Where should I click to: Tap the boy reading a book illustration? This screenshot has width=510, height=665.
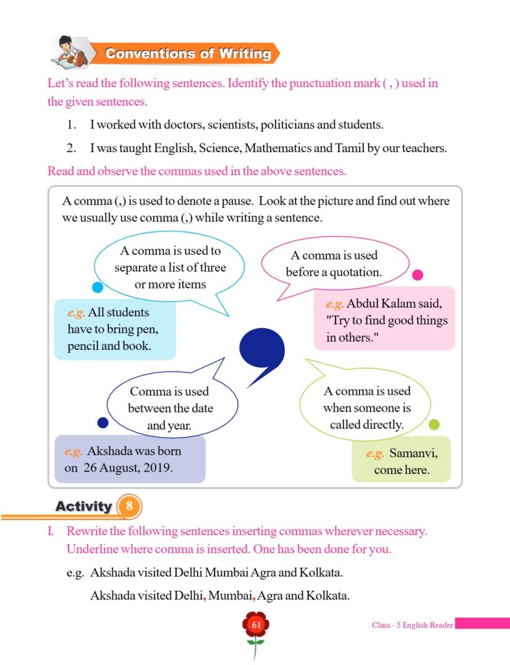coord(70,53)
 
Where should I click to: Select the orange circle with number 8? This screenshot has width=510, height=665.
coord(129,506)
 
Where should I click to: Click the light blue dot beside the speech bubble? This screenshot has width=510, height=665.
coord(98,287)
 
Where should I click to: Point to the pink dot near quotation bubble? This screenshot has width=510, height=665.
coord(418,275)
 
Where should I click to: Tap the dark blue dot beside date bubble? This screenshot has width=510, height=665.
coord(103,422)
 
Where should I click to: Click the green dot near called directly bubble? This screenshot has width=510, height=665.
coord(434,424)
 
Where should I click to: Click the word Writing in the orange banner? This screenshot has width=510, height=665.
coord(245,53)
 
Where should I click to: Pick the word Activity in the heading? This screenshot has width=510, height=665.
coord(84,506)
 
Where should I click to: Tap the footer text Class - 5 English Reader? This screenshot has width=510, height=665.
coord(412,625)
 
